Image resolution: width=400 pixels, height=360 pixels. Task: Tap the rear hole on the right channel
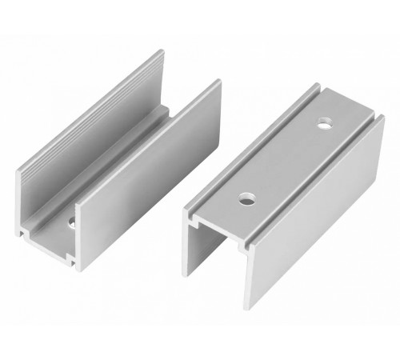click(324, 124)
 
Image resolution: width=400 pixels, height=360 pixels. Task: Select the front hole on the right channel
click(247, 198)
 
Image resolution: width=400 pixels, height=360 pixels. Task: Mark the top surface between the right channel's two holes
click(286, 160)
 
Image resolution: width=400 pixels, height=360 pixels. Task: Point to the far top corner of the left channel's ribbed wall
click(162, 52)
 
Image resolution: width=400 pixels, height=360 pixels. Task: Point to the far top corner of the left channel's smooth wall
click(218, 81)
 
